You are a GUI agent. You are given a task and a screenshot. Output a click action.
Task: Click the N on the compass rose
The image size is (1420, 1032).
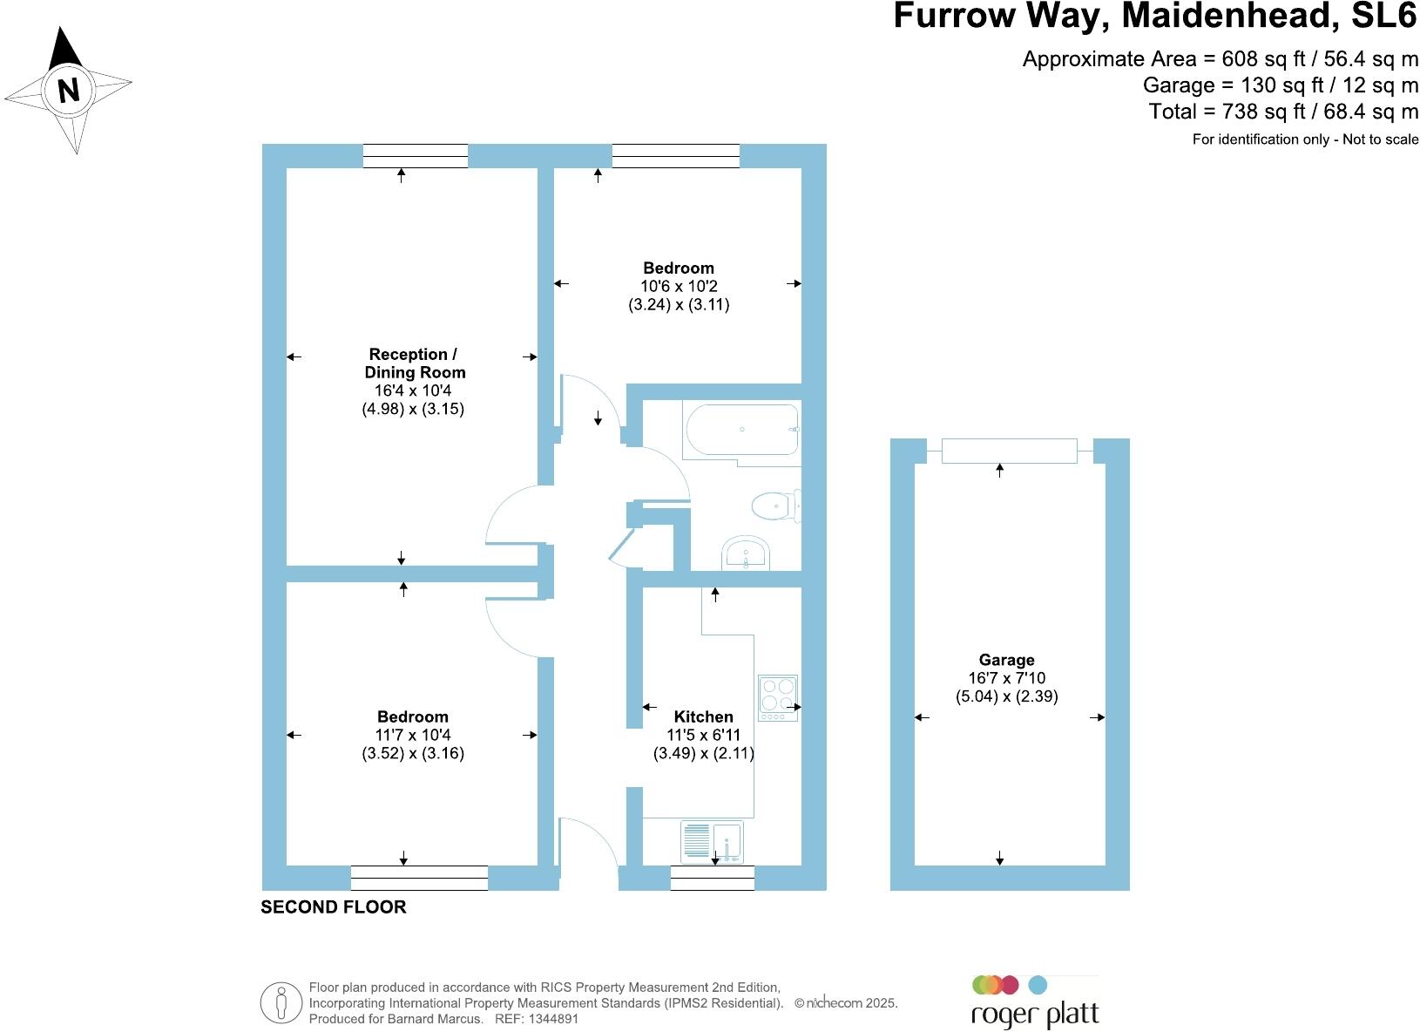click(69, 90)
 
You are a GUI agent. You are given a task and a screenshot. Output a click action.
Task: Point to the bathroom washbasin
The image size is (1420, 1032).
click(746, 553)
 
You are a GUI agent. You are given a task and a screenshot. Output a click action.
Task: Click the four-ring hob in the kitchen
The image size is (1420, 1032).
click(778, 697)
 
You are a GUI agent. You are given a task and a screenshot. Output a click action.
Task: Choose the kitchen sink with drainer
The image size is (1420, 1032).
click(712, 842)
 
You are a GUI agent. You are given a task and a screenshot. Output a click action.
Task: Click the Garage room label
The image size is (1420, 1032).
click(1007, 660)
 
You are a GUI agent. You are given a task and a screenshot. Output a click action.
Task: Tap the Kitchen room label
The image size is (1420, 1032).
click(704, 716)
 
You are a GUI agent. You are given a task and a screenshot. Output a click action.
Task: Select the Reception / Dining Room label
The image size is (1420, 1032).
click(415, 363)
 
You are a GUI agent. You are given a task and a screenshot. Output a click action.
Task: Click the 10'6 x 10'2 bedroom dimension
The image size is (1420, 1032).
click(679, 286)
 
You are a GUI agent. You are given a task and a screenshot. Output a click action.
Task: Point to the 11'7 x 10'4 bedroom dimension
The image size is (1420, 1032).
click(413, 735)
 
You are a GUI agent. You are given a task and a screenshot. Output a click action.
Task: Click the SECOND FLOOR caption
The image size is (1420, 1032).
click(334, 907)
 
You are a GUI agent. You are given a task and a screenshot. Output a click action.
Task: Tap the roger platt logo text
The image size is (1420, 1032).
click(1035, 1015)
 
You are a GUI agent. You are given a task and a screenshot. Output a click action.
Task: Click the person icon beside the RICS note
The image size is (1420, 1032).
click(281, 1003)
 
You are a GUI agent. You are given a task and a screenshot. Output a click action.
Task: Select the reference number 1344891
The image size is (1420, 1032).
click(553, 1019)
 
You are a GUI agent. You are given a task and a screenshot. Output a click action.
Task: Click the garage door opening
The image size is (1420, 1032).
click(1009, 451)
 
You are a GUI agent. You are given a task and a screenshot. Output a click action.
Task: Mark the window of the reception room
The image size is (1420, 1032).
click(416, 156)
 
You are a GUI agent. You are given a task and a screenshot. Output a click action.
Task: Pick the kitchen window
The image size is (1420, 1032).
click(713, 878)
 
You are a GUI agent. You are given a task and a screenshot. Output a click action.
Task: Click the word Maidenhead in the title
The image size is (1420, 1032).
click(1230, 16)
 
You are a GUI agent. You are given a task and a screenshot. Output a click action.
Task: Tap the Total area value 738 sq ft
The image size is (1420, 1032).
click(1263, 112)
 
